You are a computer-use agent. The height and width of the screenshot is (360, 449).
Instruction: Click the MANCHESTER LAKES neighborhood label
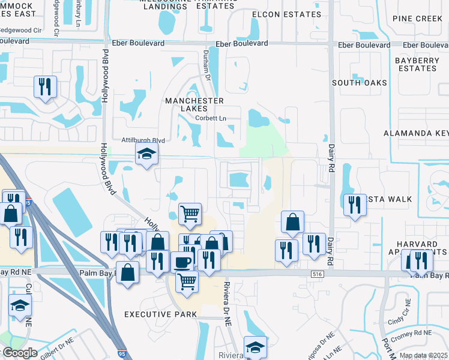[x=194, y=105]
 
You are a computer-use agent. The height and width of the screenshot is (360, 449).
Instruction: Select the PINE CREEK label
[x=417, y=19]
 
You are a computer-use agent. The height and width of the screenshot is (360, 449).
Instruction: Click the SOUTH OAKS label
[x=358, y=82]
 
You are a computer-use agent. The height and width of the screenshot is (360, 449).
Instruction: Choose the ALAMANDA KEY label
[x=416, y=133]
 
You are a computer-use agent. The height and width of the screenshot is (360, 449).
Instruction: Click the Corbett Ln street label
[x=209, y=118]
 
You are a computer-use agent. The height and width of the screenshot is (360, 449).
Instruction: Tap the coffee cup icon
[x=182, y=262]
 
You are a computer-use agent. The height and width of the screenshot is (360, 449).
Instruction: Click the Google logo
[x=20, y=352]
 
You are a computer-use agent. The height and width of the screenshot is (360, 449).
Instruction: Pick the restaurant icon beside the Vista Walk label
[x=354, y=205]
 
